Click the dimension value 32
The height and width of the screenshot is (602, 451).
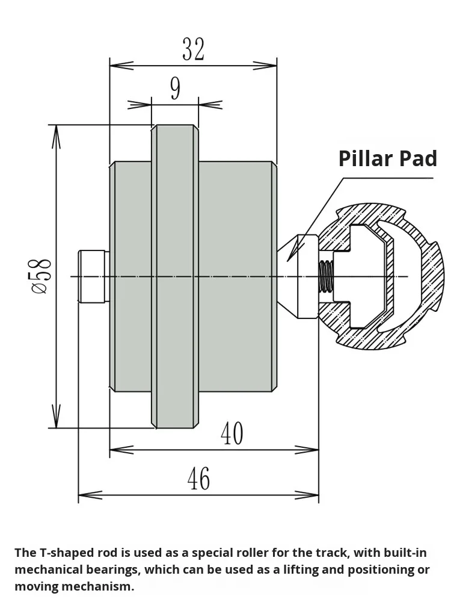193,49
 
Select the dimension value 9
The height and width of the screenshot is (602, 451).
175,89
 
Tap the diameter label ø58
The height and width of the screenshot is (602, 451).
41,276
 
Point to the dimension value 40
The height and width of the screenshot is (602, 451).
232,433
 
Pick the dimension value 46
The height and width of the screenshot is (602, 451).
198,479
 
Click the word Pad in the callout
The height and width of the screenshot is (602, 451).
419,158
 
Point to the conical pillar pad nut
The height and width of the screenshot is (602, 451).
301,276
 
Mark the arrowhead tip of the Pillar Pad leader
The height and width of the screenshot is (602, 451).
289,260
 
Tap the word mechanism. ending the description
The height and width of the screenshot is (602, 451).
104,586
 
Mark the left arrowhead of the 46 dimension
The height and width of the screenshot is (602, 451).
81,495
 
